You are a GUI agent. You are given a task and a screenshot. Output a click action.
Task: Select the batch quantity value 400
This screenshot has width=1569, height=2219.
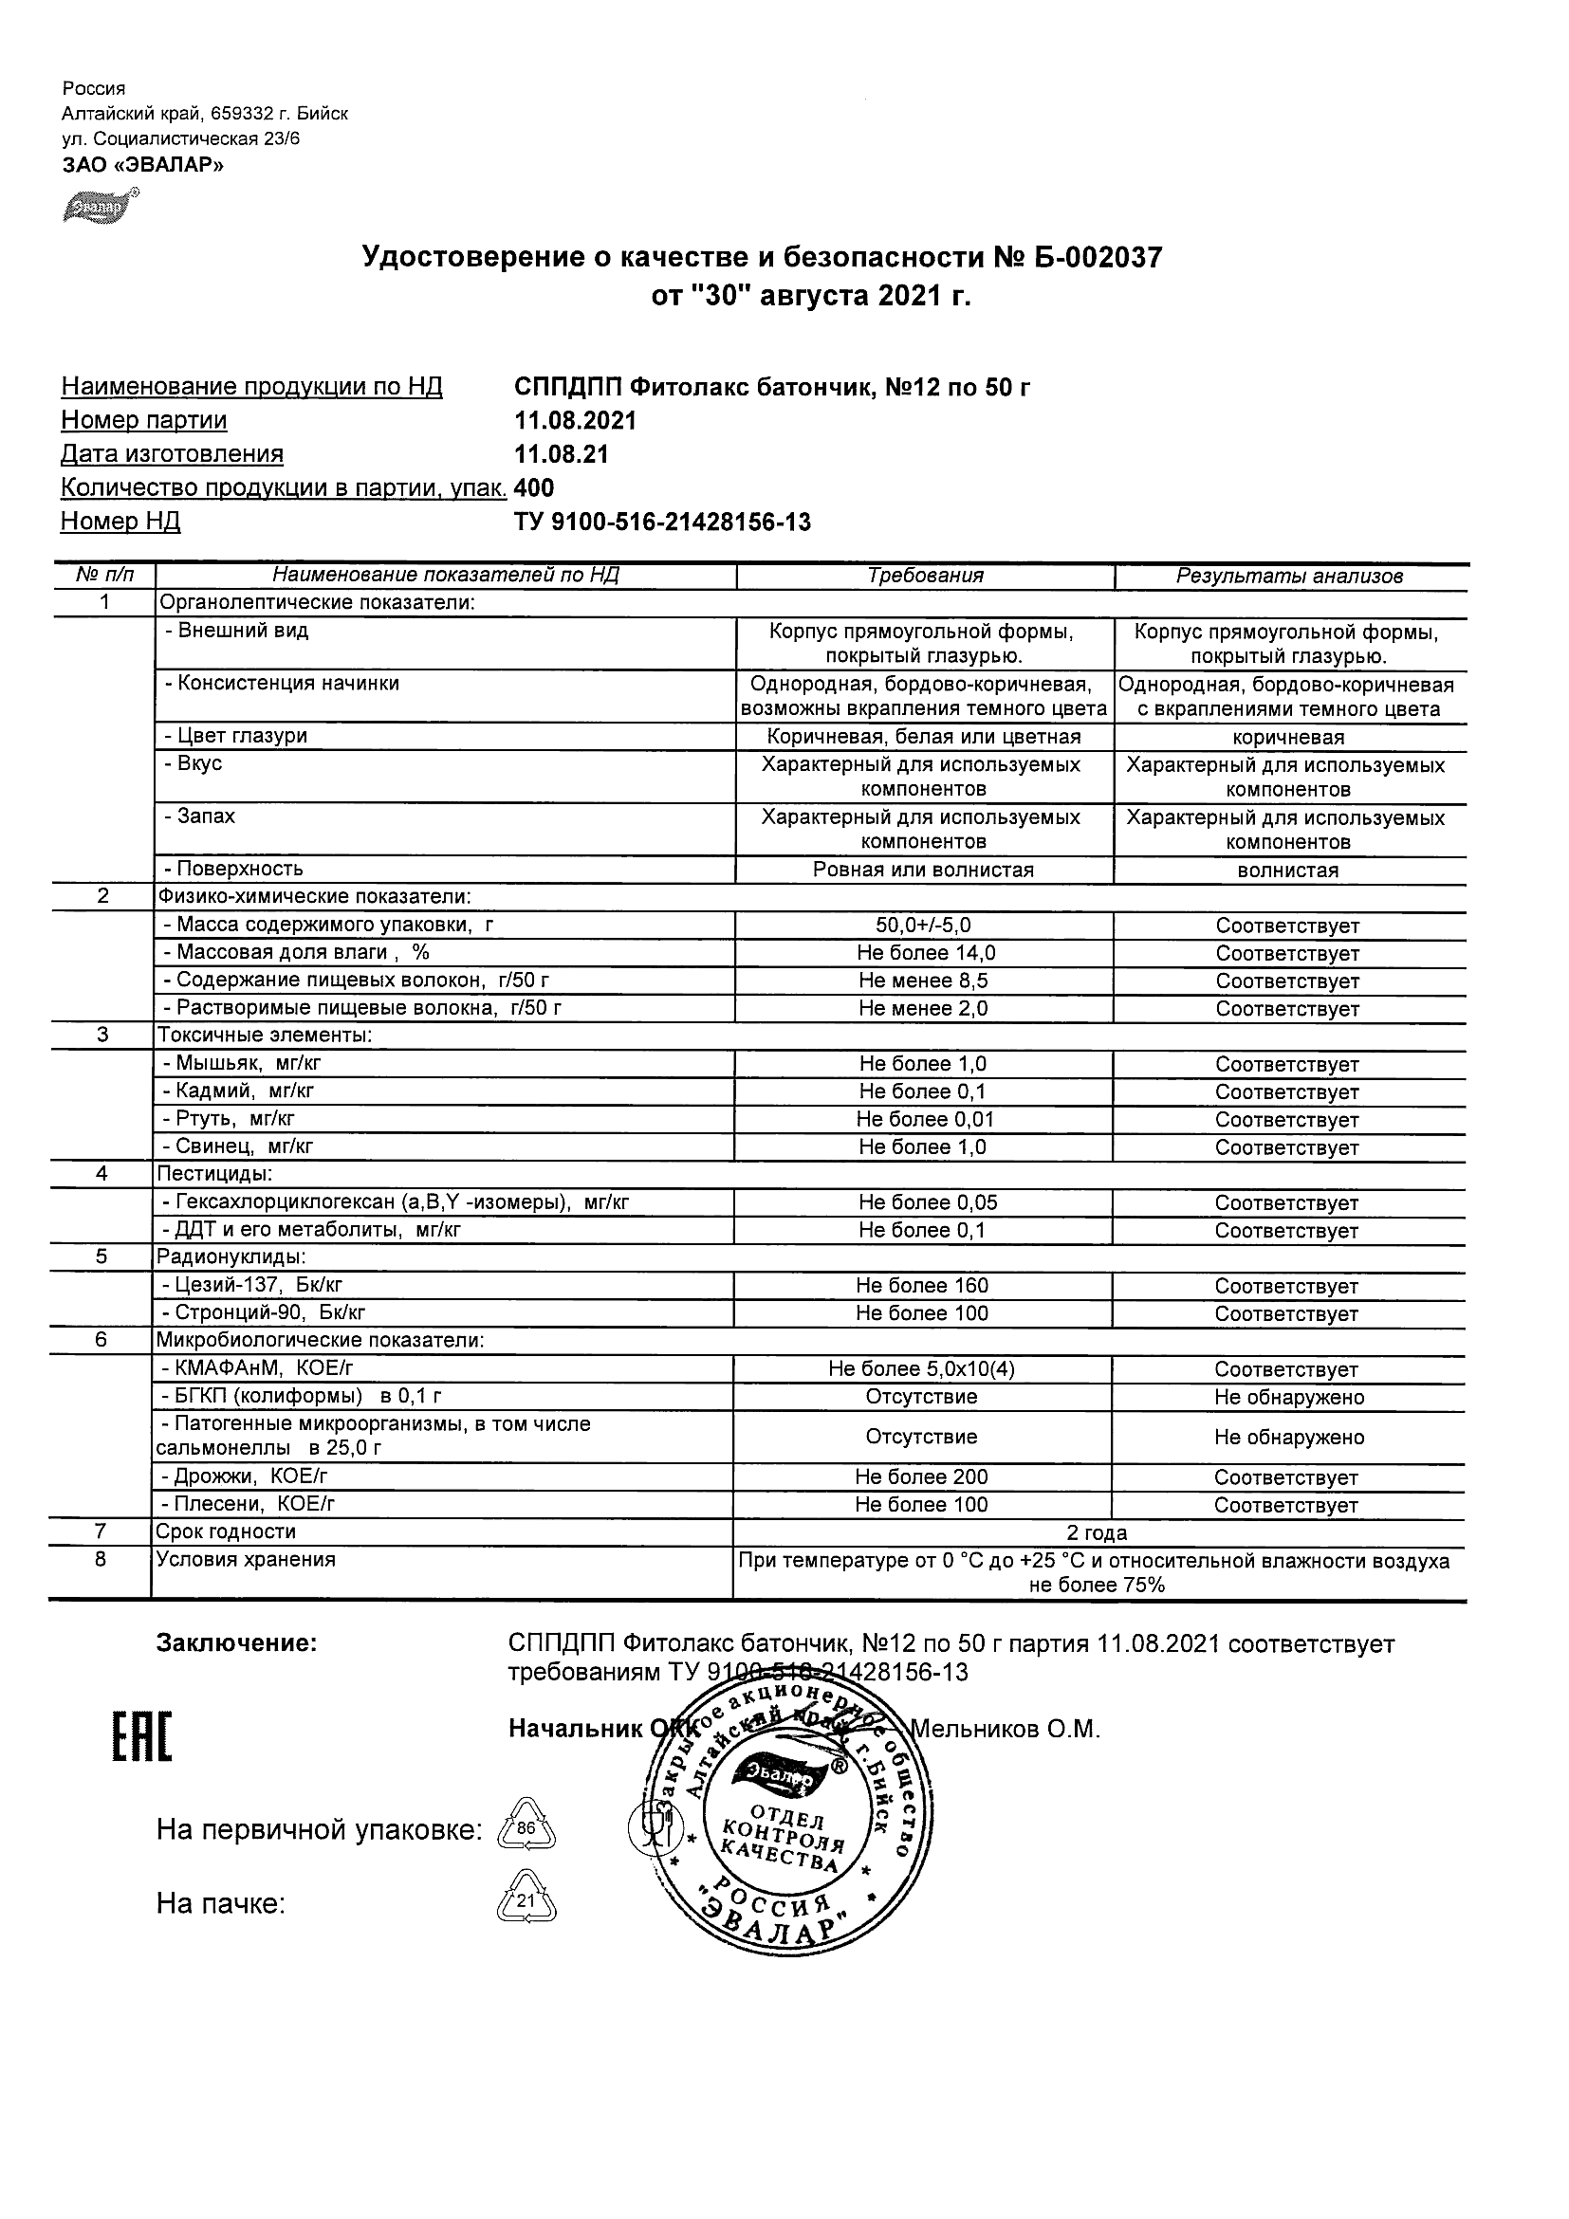[x=535, y=488]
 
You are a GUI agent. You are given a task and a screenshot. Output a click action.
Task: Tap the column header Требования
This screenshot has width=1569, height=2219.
[x=925, y=576]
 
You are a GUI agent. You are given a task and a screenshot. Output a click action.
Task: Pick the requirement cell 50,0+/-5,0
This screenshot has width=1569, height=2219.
[x=924, y=925]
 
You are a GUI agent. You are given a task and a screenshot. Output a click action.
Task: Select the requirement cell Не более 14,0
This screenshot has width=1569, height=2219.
[x=925, y=953]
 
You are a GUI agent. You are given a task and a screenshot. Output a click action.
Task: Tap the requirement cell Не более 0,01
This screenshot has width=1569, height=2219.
[x=925, y=1119]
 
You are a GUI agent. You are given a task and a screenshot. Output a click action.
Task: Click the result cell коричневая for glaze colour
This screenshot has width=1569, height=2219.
[x=1288, y=738]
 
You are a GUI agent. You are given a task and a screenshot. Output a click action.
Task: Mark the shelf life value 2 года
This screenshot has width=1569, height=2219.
[x=1097, y=1532]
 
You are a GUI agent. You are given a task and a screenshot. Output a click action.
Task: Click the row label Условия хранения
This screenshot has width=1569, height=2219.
[x=246, y=1560]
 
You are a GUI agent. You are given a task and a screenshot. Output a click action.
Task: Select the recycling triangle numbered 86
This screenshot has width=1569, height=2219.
[x=526, y=1827]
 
